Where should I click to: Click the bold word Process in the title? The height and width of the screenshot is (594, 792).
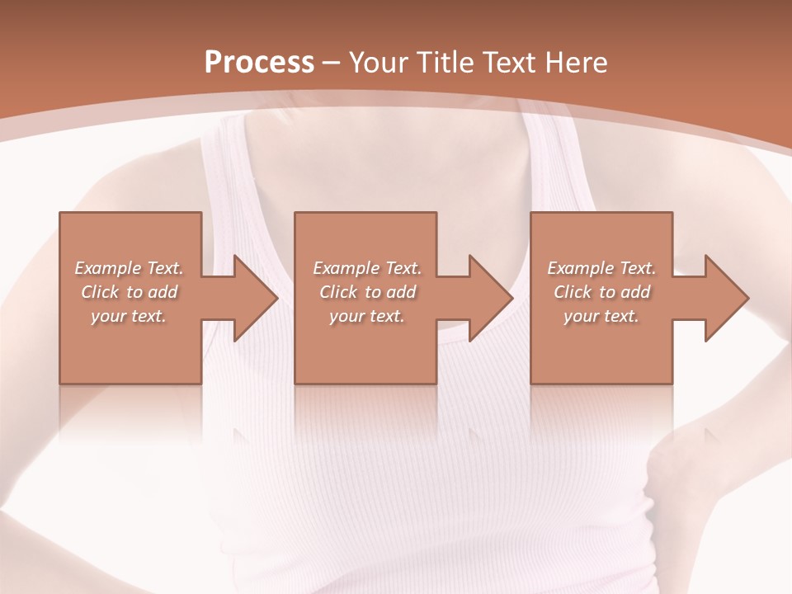tap(259, 63)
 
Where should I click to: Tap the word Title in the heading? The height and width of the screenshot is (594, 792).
tap(445, 63)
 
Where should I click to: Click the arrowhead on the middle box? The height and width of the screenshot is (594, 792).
tap(488, 298)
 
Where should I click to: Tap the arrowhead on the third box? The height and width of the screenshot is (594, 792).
tap(724, 298)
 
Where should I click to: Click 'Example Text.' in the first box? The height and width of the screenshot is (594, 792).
tap(129, 268)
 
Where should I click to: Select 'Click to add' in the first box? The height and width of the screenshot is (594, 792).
tap(129, 292)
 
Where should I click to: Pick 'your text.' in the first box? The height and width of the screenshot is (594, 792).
tap(129, 316)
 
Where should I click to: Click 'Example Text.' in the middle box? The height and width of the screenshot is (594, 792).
tap(366, 268)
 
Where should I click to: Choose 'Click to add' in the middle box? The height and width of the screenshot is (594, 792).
tap(366, 292)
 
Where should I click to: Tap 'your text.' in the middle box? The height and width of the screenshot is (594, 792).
tap(366, 316)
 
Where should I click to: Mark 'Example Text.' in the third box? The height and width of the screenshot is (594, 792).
tap(601, 268)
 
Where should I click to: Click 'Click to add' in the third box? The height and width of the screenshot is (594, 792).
tap(601, 292)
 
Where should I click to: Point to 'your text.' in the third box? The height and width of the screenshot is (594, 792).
tap(601, 316)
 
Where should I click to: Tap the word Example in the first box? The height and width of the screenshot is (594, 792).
tap(107, 268)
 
